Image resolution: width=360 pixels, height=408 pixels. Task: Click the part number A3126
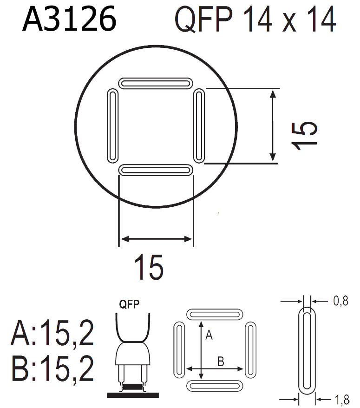(x=69, y=20)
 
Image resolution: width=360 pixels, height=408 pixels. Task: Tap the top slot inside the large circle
(x=156, y=83)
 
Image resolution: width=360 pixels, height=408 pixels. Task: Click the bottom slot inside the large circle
(x=156, y=170)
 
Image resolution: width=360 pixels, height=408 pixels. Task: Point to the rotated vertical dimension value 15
(x=305, y=135)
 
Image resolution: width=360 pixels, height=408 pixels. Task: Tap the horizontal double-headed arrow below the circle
(x=156, y=239)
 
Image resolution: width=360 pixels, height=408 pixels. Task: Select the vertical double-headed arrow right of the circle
(x=273, y=125)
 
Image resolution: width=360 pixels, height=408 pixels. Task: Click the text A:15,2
(x=52, y=334)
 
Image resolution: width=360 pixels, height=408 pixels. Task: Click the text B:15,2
(x=52, y=368)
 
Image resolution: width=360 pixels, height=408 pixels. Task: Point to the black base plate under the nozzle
(x=132, y=395)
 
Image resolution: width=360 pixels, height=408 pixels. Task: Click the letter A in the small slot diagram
(x=209, y=335)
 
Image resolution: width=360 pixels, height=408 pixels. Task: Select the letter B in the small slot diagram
(x=221, y=361)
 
